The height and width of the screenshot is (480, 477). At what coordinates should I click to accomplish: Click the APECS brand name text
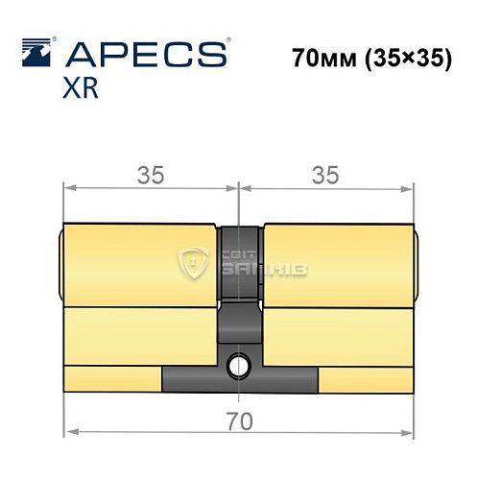(141, 54)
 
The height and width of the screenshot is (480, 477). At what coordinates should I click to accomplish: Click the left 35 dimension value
(150, 175)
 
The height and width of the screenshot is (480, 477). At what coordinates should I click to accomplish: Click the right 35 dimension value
(326, 175)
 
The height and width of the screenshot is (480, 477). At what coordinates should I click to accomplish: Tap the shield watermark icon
(196, 262)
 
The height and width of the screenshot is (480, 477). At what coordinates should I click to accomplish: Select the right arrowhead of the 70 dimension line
(409, 433)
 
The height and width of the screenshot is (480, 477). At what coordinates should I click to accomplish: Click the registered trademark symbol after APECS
(227, 40)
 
